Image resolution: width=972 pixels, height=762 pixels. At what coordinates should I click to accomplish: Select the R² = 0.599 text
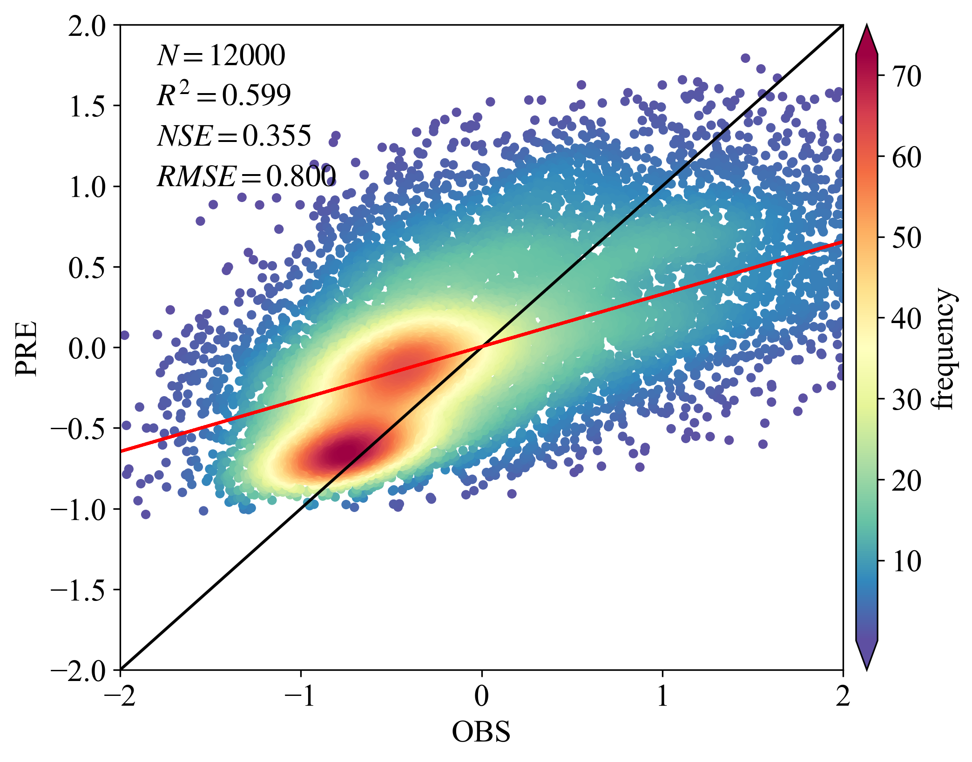[x=224, y=95]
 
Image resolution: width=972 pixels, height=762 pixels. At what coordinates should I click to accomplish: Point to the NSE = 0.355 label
[x=234, y=136]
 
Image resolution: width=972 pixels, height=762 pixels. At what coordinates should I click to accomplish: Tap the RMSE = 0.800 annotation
[x=246, y=176]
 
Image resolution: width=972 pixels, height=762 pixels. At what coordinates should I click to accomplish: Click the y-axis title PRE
[x=26, y=348]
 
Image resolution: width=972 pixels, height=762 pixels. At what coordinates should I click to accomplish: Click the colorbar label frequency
[x=944, y=349]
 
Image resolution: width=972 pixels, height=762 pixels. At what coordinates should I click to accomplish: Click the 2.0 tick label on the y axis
[x=88, y=26]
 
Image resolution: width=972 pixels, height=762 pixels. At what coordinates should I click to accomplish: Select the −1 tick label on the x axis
[x=301, y=697]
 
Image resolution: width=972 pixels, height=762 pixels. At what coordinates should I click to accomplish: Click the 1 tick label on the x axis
[x=662, y=697]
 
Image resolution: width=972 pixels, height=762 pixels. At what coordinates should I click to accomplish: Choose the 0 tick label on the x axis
[x=482, y=697]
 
